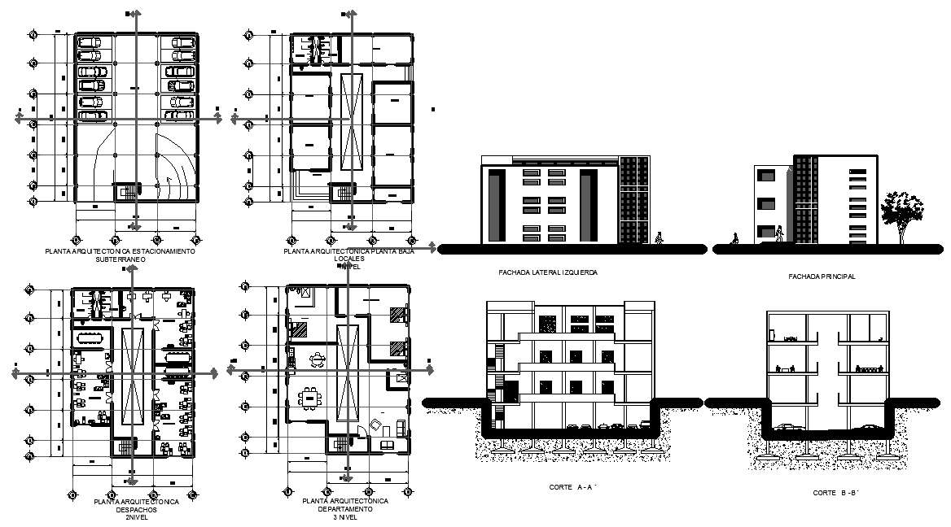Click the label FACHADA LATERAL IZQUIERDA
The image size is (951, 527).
pos(548,272)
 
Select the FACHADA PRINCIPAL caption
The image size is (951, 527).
pos(822,277)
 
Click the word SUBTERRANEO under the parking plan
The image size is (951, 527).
pos(120,259)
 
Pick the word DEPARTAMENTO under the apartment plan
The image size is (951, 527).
pos(344,509)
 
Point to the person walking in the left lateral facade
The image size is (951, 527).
pos(659,238)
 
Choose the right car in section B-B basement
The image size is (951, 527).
pos(868,428)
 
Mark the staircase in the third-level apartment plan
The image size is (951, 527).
pos(339,444)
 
